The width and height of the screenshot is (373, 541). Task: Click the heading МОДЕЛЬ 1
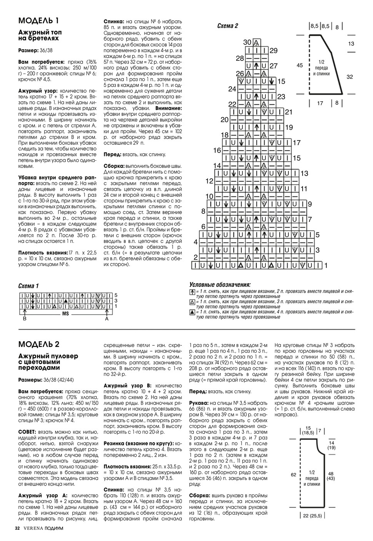pyautogui.click(x=39, y=20)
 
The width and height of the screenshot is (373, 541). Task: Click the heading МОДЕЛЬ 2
pyautogui.click(x=39, y=344)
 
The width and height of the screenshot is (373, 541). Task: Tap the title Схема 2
pyautogui.click(x=228, y=26)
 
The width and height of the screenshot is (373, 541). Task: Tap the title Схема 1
pyautogui.click(x=28, y=286)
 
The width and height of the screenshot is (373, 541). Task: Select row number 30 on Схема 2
pyautogui.click(x=247, y=42)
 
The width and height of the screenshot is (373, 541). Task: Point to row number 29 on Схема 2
pyautogui.click(x=273, y=50)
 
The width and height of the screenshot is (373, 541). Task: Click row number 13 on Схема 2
pyautogui.click(x=304, y=174)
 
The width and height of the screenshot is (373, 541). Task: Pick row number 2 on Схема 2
pyautogui.click(x=195, y=257)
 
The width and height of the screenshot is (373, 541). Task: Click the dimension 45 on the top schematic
pyautogui.click(x=300, y=65)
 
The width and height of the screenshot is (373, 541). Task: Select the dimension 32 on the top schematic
pyautogui.click(x=350, y=77)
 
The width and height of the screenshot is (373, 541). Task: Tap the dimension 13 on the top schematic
pyautogui.click(x=351, y=44)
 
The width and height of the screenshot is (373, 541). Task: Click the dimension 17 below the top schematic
pyautogui.click(x=320, y=103)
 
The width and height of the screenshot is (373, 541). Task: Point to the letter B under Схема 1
pyautogui.click(x=25, y=319)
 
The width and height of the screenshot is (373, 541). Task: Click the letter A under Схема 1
pyautogui.click(x=107, y=319)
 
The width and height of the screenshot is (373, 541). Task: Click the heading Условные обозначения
pyautogui.click(x=220, y=284)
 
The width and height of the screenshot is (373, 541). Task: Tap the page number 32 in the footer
pyautogui.click(x=17, y=528)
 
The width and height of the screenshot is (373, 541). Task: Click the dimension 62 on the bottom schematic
pyautogui.click(x=293, y=475)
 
